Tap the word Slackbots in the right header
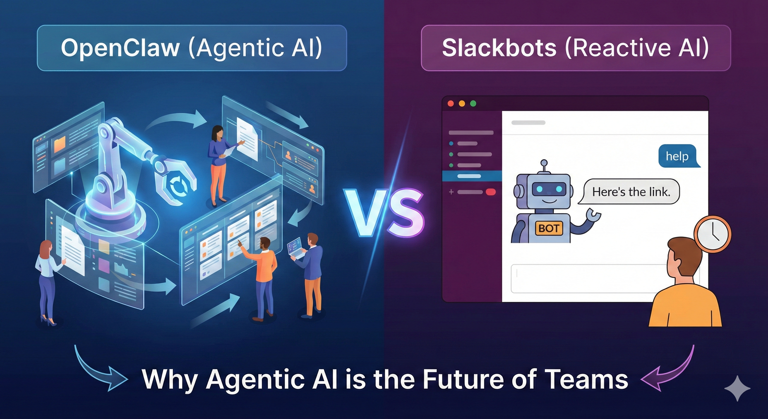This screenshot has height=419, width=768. tap(499, 48)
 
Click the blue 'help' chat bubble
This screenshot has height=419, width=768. tap(677, 156)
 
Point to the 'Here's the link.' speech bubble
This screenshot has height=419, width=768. tap(631, 192)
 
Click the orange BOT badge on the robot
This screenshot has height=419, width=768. tap(549, 228)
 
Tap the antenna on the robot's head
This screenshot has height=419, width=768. tap(544, 166)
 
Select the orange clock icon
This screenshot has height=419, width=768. tap(712, 234)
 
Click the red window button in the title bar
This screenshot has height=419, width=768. tap(451, 103)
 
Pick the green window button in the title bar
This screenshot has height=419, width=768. tap(473, 103)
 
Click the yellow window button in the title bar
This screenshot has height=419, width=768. tap(462, 103)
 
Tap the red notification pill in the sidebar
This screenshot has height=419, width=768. tap(491, 192)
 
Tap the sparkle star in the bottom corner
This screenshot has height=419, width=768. tap(737, 388)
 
